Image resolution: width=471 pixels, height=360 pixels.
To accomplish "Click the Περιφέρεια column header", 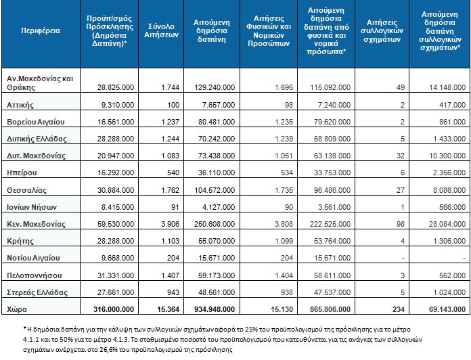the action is click(x=41, y=30).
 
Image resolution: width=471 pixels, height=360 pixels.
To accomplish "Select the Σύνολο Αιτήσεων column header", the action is click(x=161, y=30).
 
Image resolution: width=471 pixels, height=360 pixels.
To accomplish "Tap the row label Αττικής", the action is click(x=20, y=105).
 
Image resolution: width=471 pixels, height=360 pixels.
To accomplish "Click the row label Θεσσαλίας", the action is click(x=27, y=190).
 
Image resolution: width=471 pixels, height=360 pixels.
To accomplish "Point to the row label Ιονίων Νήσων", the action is click(x=32, y=207).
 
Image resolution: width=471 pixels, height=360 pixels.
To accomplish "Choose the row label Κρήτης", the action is click(x=20, y=241).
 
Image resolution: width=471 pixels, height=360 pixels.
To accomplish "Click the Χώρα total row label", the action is click(x=17, y=309).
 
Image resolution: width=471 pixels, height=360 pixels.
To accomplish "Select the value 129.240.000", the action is click(x=215, y=87).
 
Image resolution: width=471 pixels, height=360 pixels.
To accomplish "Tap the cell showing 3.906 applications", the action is click(x=170, y=224).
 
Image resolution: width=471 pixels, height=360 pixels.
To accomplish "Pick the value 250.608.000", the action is click(x=215, y=224).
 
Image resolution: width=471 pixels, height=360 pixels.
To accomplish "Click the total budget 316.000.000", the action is click(x=114, y=309).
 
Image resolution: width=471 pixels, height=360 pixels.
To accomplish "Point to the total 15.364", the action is click(x=169, y=309).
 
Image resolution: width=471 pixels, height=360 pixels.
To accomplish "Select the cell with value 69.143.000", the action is click(x=447, y=309).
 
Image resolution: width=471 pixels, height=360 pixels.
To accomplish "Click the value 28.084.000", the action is click(x=447, y=224).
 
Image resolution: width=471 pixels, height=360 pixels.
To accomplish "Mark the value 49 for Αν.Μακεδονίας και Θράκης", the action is click(x=401, y=87).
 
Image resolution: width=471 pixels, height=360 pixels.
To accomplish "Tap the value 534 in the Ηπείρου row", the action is click(x=286, y=173).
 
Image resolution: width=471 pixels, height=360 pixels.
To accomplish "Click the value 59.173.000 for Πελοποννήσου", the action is click(x=217, y=275).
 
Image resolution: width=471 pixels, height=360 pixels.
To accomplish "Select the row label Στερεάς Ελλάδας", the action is click(x=37, y=292).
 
